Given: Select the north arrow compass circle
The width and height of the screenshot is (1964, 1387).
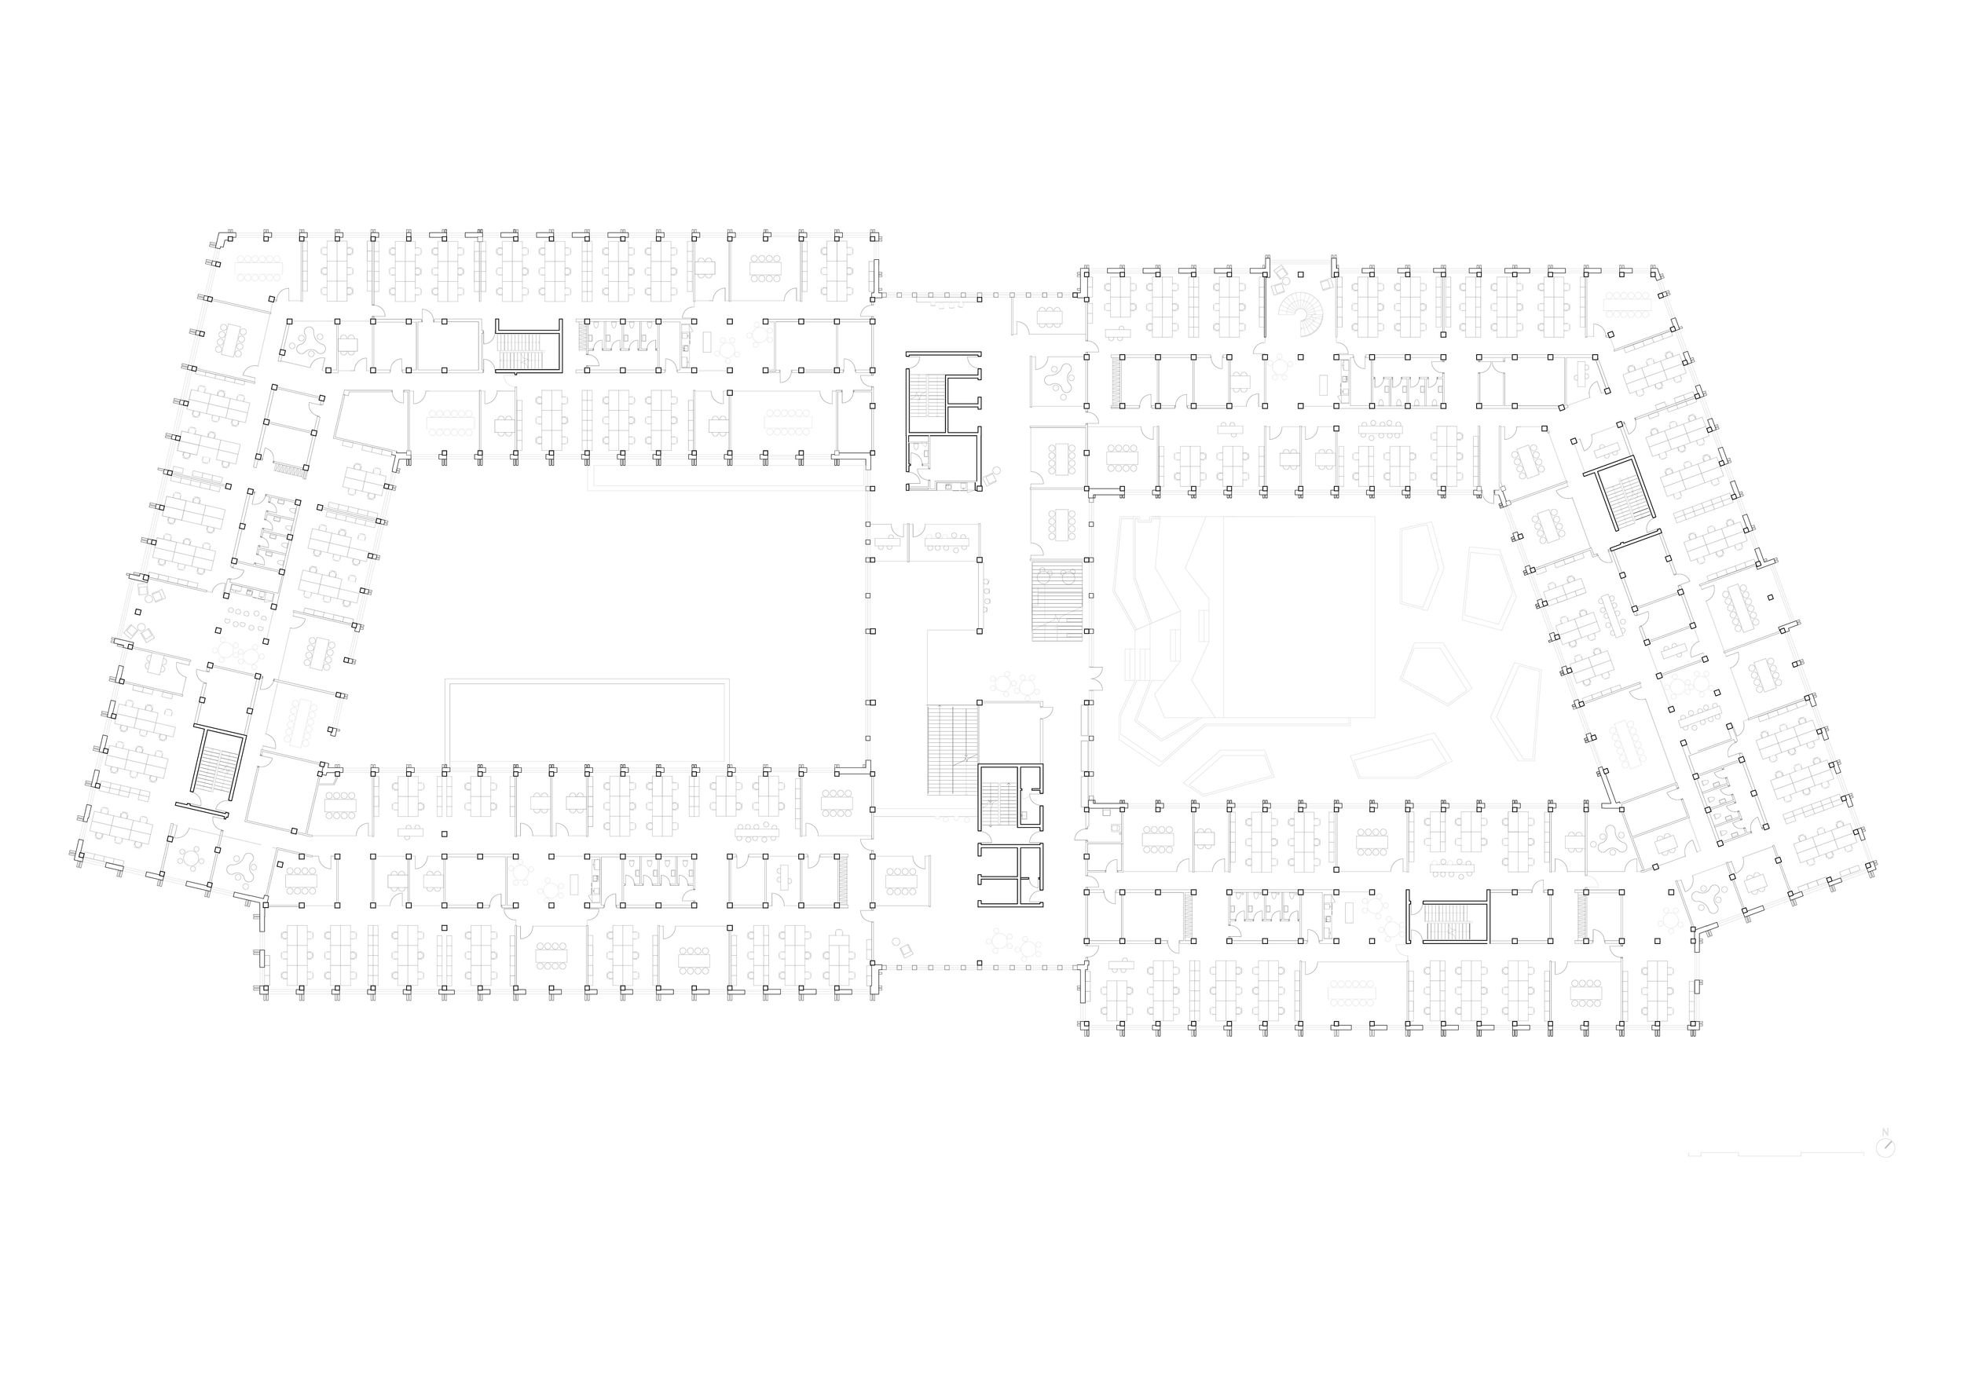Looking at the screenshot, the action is coord(1885,1147).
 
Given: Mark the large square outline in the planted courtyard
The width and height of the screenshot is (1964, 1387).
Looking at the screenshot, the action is coord(1299,616).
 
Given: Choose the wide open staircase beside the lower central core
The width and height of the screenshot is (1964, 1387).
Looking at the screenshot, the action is coord(952,749).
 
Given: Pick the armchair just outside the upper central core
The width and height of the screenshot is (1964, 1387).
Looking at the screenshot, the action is coord(992,475).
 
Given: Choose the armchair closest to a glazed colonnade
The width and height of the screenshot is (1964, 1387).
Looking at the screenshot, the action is coord(903,948).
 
